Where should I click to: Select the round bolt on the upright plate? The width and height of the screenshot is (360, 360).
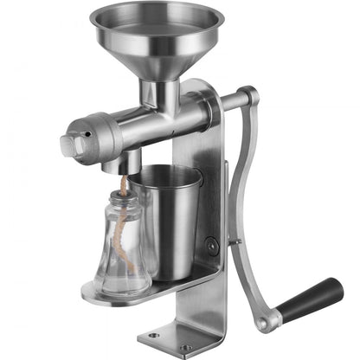211,245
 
